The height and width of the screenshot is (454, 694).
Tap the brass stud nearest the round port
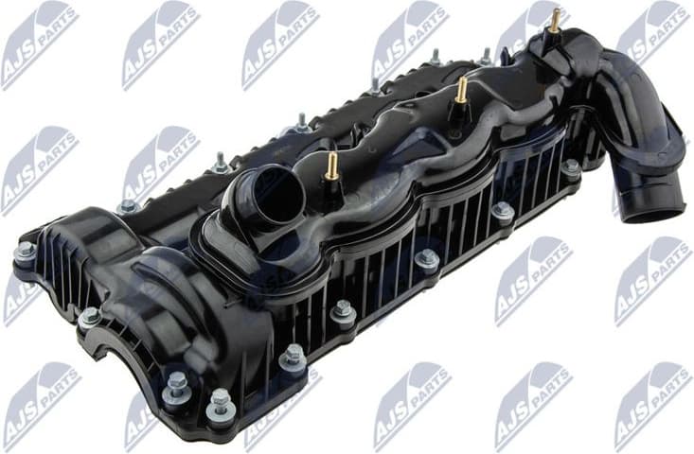[332, 166]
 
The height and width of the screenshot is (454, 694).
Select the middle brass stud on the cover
[461, 90]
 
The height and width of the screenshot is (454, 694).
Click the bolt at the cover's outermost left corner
[26, 252]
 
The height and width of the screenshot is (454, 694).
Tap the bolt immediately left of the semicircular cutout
[89, 317]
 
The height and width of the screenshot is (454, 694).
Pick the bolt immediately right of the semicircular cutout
[177, 382]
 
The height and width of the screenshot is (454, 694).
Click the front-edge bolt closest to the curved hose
[571, 168]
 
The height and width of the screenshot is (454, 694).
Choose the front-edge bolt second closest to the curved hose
[503, 211]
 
